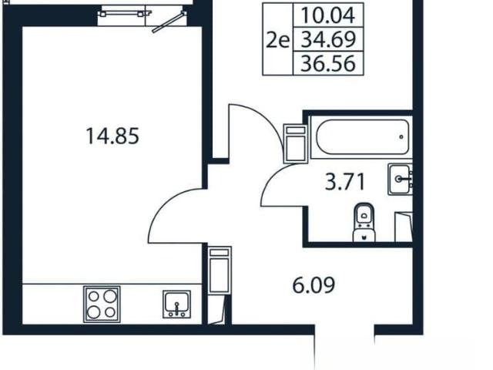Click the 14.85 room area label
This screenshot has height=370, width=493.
pyautogui.click(x=112, y=136)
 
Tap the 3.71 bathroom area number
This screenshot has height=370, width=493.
pyautogui.click(x=345, y=182)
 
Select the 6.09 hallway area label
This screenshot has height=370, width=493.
pyautogui.click(x=314, y=285)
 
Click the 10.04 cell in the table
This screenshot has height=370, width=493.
pyautogui.click(x=328, y=15)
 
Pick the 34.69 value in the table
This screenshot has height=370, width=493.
pyautogui.click(x=328, y=39)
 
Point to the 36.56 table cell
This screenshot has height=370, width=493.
pyautogui.click(x=328, y=63)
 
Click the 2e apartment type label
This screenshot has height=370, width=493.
pyautogui.click(x=277, y=41)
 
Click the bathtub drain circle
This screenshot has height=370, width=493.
pyautogui.click(x=401, y=137)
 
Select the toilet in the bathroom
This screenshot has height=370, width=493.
pyautogui.click(x=364, y=223)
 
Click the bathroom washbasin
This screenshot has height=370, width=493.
pyautogui.click(x=400, y=180)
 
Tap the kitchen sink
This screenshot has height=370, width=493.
pyautogui.click(x=176, y=304)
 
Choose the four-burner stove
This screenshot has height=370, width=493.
pyautogui.click(x=102, y=304)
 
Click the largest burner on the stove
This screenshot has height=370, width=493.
pyautogui.click(x=109, y=296)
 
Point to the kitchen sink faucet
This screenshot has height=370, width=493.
pyautogui.click(x=176, y=308)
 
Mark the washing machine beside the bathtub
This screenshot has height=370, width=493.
pyautogui.click(x=295, y=144)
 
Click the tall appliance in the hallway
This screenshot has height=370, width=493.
pyautogui.click(x=220, y=270)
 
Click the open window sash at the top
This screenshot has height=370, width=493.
pyautogui.click(x=169, y=22)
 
